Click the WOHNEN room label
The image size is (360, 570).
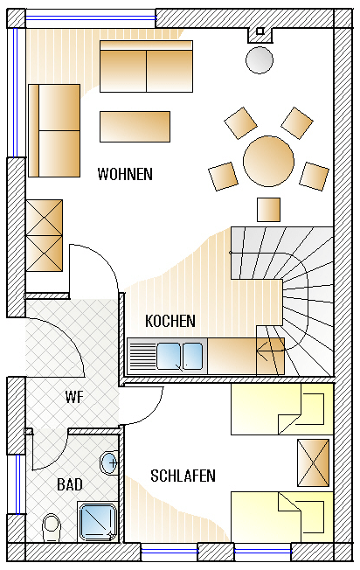[125, 174]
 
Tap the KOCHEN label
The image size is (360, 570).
[170, 321]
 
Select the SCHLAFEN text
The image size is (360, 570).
[183, 476]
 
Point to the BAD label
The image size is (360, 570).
[70, 484]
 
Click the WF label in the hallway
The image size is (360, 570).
[74, 397]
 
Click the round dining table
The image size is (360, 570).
[268, 161]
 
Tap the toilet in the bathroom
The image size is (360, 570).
[52, 527]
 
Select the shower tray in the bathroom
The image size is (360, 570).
[97, 522]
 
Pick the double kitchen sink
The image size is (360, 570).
[180, 356]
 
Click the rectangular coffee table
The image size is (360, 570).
[135, 127]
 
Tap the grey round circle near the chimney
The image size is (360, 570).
[260, 60]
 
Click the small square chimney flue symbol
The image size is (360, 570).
[260, 31]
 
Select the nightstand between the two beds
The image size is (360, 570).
[313, 462]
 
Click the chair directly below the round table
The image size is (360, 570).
[268, 210]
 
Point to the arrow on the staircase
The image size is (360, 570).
[270, 351]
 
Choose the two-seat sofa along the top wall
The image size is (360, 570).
[147, 66]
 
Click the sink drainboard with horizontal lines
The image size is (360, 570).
[142, 357]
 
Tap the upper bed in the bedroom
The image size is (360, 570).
[282, 408]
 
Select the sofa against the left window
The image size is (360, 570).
[54, 130]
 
